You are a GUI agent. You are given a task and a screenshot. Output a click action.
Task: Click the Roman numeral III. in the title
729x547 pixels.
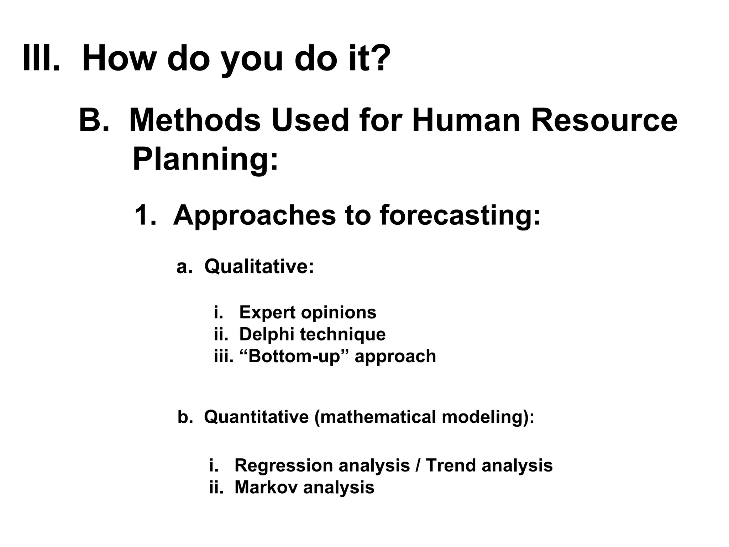(x=41, y=58)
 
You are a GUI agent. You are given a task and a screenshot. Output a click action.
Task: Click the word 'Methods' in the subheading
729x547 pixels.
(x=195, y=120)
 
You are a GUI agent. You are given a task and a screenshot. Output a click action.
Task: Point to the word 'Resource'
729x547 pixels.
(x=604, y=120)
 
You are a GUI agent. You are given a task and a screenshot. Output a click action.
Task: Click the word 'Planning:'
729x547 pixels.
(x=205, y=160)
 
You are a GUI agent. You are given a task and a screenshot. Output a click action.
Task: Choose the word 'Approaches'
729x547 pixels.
(x=254, y=215)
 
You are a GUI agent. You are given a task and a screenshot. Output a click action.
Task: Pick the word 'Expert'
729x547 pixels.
(x=267, y=312)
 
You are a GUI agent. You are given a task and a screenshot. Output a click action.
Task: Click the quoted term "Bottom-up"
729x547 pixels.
(x=295, y=356)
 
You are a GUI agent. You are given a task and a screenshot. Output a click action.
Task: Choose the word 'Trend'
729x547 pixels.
(x=450, y=465)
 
